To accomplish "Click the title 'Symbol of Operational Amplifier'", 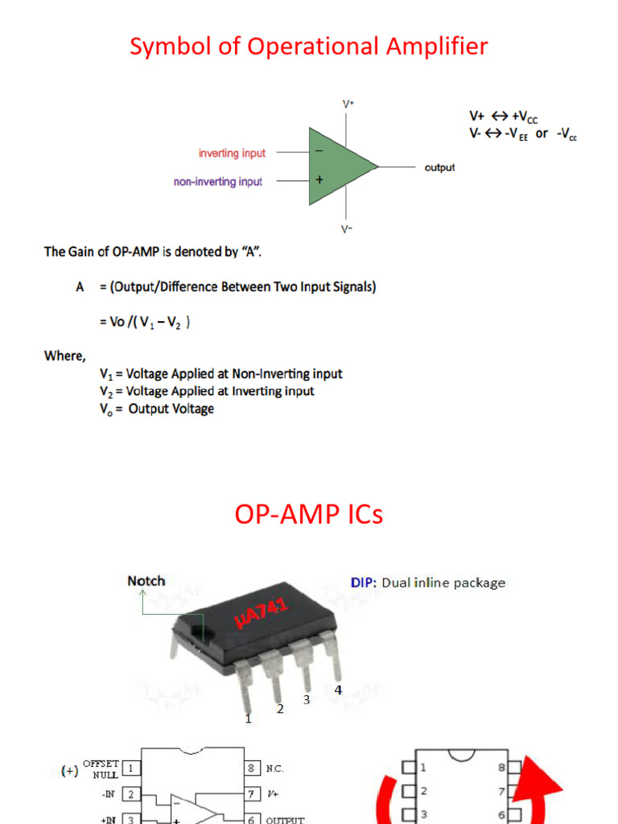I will pyautogui.click(x=308, y=47).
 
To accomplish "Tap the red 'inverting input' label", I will pyautogui.click(x=232, y=153).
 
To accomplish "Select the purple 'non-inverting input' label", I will pyautogui.click(x=218, y=182).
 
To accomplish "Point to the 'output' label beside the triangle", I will pyautogui.click(x=439, y=167).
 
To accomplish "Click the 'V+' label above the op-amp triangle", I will pyautogui.click(x=348, y=105).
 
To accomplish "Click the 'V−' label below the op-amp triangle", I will pyautogui.click(x=348, y=229).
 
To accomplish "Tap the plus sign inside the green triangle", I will pyautogui.click(x=319, y=181).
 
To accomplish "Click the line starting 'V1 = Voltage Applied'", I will pyautogui.click(x=220, y=373).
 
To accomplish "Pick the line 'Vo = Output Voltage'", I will pyautogui.click(x=157, y=409).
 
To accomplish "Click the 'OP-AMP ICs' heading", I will pyautogui.click(x=309, y=514).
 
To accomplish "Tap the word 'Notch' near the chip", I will pyautogui.click(x=146, y=580).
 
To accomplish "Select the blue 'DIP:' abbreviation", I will pyautogui.click(x=364, y=582).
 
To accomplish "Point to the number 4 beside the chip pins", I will pyautogui.click(x=338, y=690).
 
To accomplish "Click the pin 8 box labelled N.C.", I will pyautogui.click(x=253, y=768).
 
